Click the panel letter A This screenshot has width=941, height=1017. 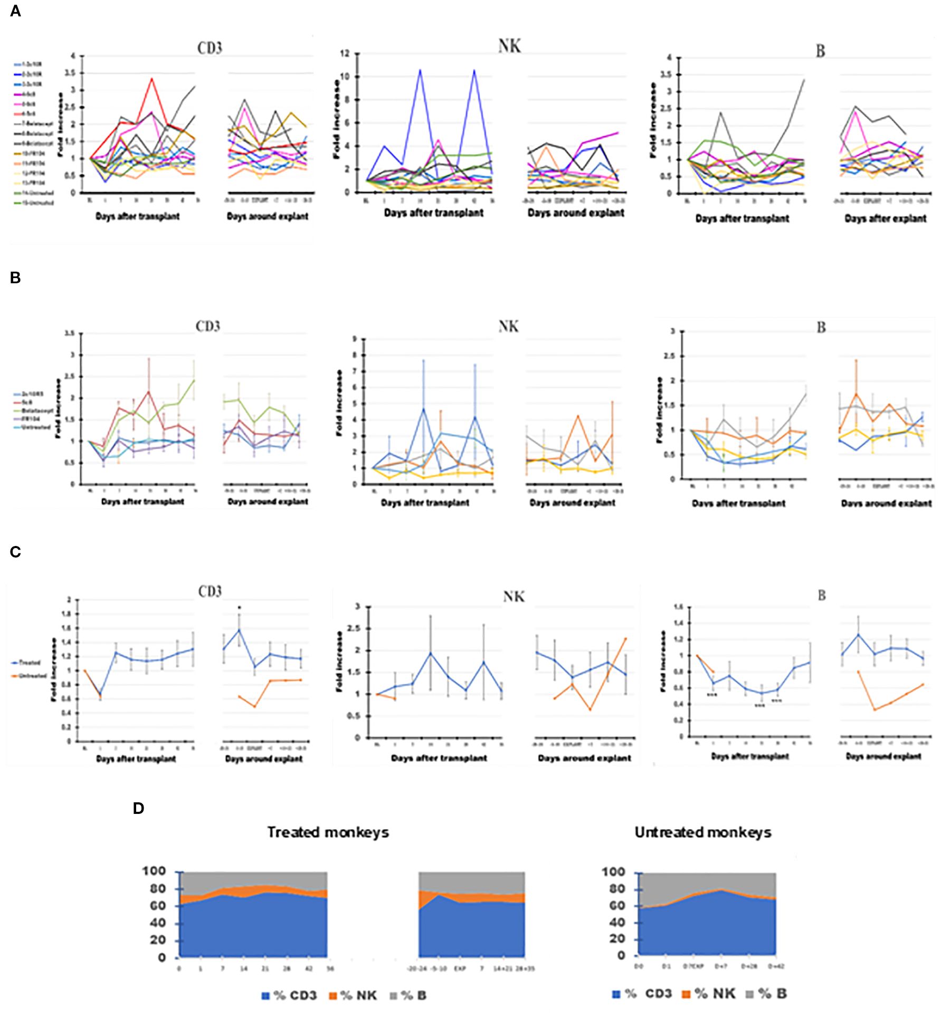click(15, 11)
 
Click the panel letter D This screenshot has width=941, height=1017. click(138, 809)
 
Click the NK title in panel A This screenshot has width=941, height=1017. click(509, 46)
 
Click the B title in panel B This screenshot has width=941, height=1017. click(821, 328)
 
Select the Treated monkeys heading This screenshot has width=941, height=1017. click(328, 832)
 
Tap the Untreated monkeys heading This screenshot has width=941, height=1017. click(703, 832)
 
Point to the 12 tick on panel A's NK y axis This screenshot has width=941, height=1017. click(345, 53)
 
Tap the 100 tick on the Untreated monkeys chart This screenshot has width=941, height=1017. click(613, 872)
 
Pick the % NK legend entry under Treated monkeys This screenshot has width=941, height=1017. click(353, 995)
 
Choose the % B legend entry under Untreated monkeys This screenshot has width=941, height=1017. click(767, 994)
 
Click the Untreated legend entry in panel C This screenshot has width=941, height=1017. click(32, 676)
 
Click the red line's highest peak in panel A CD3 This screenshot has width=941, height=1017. click(152, 79)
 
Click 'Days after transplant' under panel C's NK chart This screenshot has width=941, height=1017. click(439, 758)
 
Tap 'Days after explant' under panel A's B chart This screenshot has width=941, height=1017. click(885, 218)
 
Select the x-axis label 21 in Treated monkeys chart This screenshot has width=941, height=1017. click(265, 968)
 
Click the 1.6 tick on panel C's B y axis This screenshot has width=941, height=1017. click(679, 607)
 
